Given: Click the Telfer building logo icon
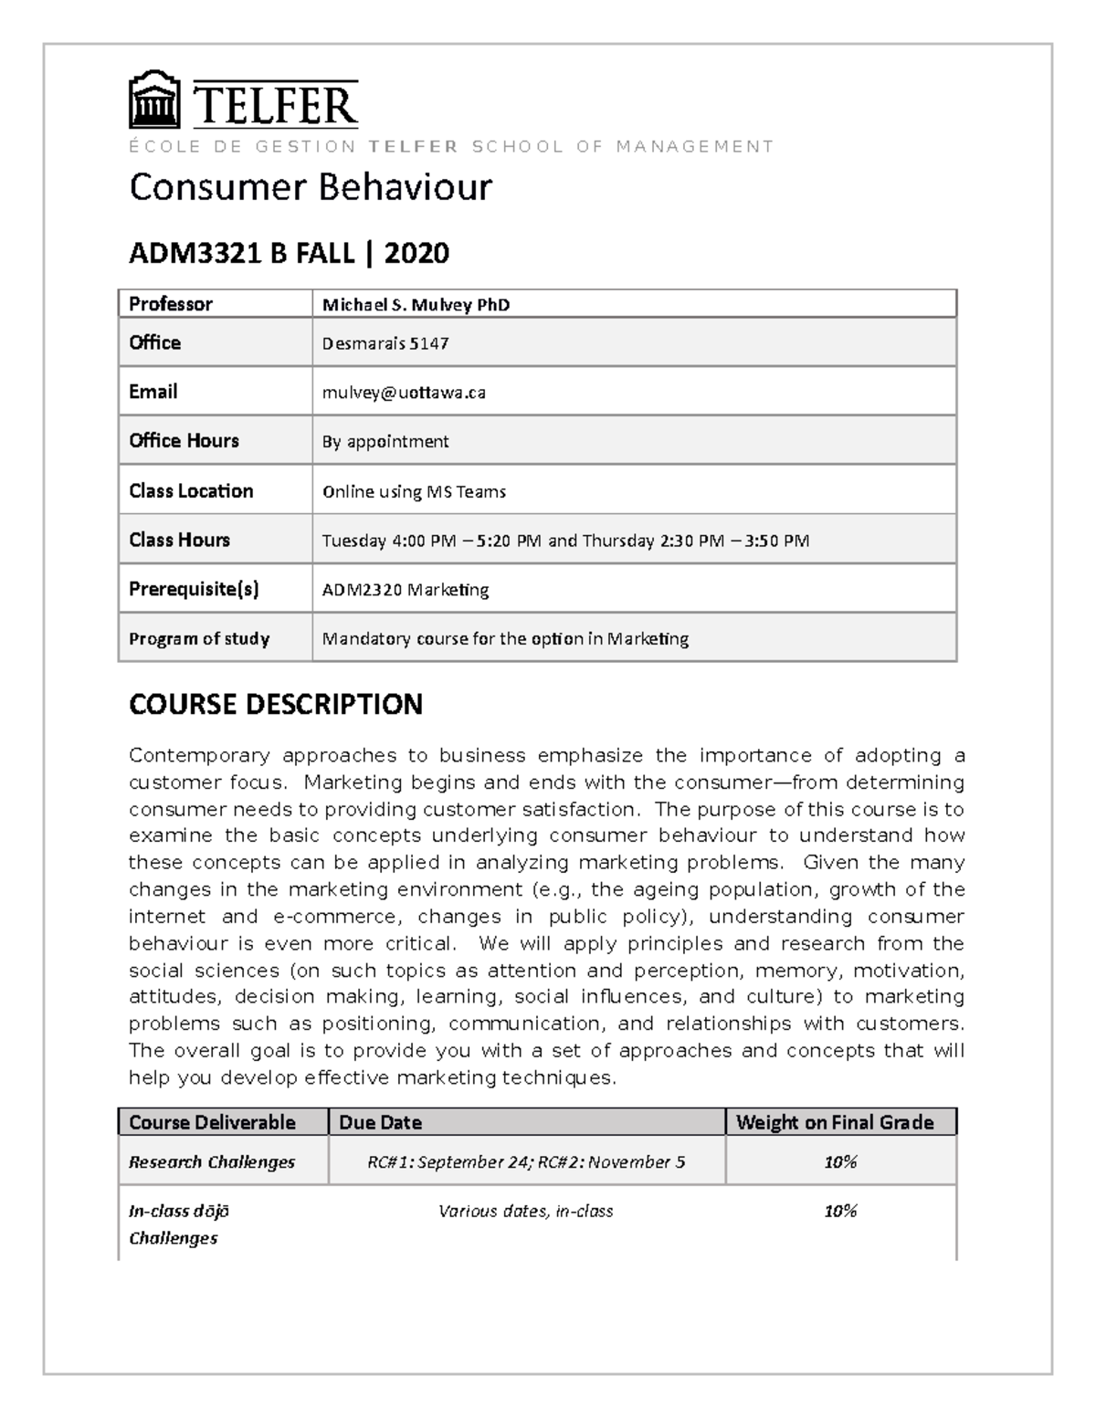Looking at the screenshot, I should [154, 100].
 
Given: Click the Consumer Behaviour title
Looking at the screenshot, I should [310, 187].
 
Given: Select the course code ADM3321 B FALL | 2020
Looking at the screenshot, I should [289, 253].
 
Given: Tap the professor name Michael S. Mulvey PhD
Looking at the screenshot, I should [416, 305].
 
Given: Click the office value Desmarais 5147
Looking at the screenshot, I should [385, 343].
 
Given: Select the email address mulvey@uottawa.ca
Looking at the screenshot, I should [403, 393].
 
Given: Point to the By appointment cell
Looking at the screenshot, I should [385, 442].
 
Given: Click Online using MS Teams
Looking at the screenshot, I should [414, 491].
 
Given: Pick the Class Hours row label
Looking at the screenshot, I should [179, 540].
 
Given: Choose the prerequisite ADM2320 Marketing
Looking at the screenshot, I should [405, 590].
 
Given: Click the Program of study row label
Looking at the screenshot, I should [198, 638].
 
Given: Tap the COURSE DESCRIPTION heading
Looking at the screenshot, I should [275, 704].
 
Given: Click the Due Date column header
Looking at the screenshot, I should [380, 1122].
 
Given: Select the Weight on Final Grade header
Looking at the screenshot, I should [834, 1122].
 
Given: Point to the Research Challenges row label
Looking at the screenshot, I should [211, 1161].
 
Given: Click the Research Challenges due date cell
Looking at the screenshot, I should [525, 1161].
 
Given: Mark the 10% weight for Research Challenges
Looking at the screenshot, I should [839, 1161].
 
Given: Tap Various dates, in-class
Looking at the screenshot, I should [525, 1211].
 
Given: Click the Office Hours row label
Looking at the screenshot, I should [184, 441].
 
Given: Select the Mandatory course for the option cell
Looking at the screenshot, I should [504, 638].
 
